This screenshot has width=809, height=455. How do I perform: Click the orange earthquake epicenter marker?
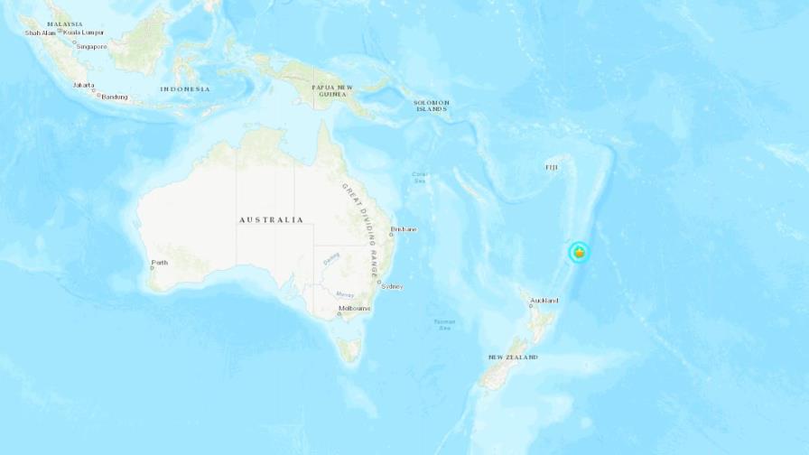[579, 253]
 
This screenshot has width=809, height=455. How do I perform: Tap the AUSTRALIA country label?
[271, 219]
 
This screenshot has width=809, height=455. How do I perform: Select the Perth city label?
[161, 264]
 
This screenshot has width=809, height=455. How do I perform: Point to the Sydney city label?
[392, 286]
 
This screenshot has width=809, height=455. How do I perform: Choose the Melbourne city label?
[354, 309]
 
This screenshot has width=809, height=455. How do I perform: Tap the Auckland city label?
[544, 301]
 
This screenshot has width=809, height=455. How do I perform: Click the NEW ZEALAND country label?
[513, 357]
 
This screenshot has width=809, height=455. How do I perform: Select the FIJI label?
[552, 167]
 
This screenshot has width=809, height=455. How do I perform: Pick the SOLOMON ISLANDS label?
[432, 106]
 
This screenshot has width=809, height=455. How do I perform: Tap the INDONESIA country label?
[185, 88]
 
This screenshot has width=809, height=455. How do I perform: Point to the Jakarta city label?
[84, 86]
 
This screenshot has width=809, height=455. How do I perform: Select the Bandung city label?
[115, 97]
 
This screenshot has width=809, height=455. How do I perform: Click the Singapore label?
[91, 46]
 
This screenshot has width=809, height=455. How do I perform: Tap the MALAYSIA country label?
[65, 24]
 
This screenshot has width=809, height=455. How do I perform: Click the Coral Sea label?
[420, 177]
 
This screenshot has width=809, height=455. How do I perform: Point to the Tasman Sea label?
[443, 324]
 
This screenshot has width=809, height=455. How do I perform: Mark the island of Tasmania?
[349, 348]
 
